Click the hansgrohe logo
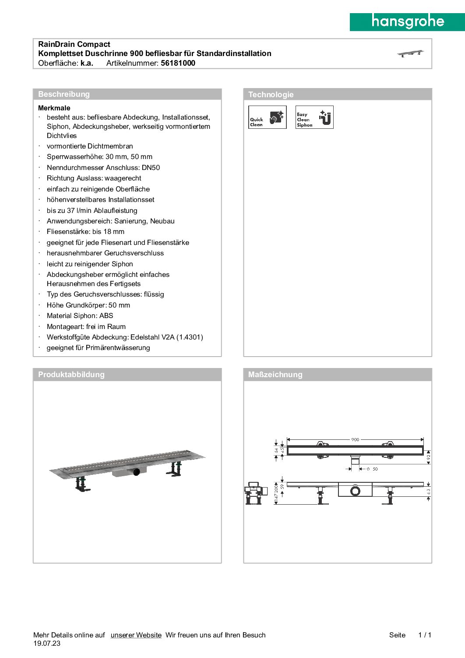(x=407, y=21)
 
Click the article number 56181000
(x=178, y=63)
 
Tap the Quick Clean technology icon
(x=268, y=117)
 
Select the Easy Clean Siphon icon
(x=314, y=117)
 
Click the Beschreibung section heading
(x=64, y=94)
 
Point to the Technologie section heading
(x=271, y=95)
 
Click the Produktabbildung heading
(x=71, y=375)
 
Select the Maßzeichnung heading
(x=275, y=375)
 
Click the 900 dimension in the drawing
(x=355, y=439)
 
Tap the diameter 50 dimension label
(x=372, y=469)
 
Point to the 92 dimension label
(x=429, y=457)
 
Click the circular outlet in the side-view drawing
(x=355, y=491)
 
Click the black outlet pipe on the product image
(x=137, y=472)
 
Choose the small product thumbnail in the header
(x=411, y=53)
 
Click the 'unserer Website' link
(x=136, y=635)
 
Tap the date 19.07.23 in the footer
(x=47, y=644)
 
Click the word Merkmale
(x=54, y=108)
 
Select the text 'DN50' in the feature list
(x=151, y=167)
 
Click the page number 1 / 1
(x=425, y=635)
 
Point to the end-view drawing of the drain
(x=255, y=493)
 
